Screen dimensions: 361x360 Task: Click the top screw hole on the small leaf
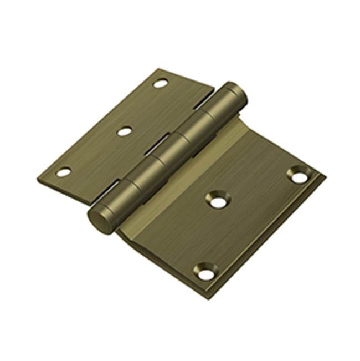[160, 84]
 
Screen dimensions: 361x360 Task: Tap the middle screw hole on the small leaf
[125, 132]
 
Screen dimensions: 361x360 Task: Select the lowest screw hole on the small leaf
[64, 172]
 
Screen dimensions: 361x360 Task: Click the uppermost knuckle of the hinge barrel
[228, 103]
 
